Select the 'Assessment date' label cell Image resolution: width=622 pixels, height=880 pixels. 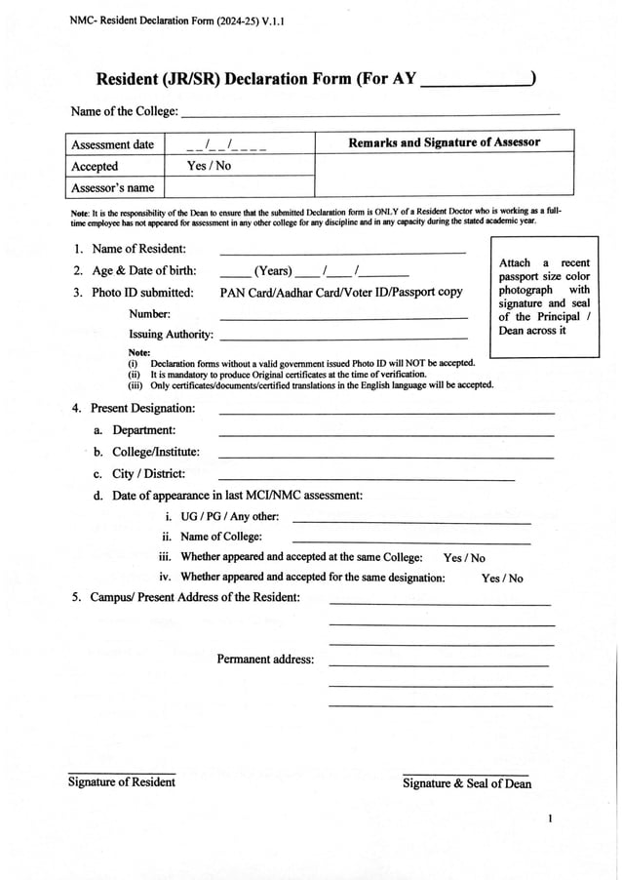pos(113,144)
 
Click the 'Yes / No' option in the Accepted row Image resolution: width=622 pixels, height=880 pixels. pos(209,166)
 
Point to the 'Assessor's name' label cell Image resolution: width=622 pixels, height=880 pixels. pos(113,187)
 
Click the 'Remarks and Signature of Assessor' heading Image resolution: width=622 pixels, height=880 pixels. pos(444,143)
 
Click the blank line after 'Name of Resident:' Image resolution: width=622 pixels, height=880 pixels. pos(342,252)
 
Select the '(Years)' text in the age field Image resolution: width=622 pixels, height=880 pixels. pos(273,271)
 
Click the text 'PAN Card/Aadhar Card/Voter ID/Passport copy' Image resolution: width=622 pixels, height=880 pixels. pos(341,292)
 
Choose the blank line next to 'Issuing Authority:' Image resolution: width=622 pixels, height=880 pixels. pos(343,337)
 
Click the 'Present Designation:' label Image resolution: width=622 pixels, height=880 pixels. pos(142,408)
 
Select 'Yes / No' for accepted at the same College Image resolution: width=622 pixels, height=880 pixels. pos(464,558)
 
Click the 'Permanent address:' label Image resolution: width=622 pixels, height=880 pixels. pos(265,660)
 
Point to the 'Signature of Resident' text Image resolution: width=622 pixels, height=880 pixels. pos(122,781)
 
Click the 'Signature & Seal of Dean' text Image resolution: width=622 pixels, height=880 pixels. pos(467,783)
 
